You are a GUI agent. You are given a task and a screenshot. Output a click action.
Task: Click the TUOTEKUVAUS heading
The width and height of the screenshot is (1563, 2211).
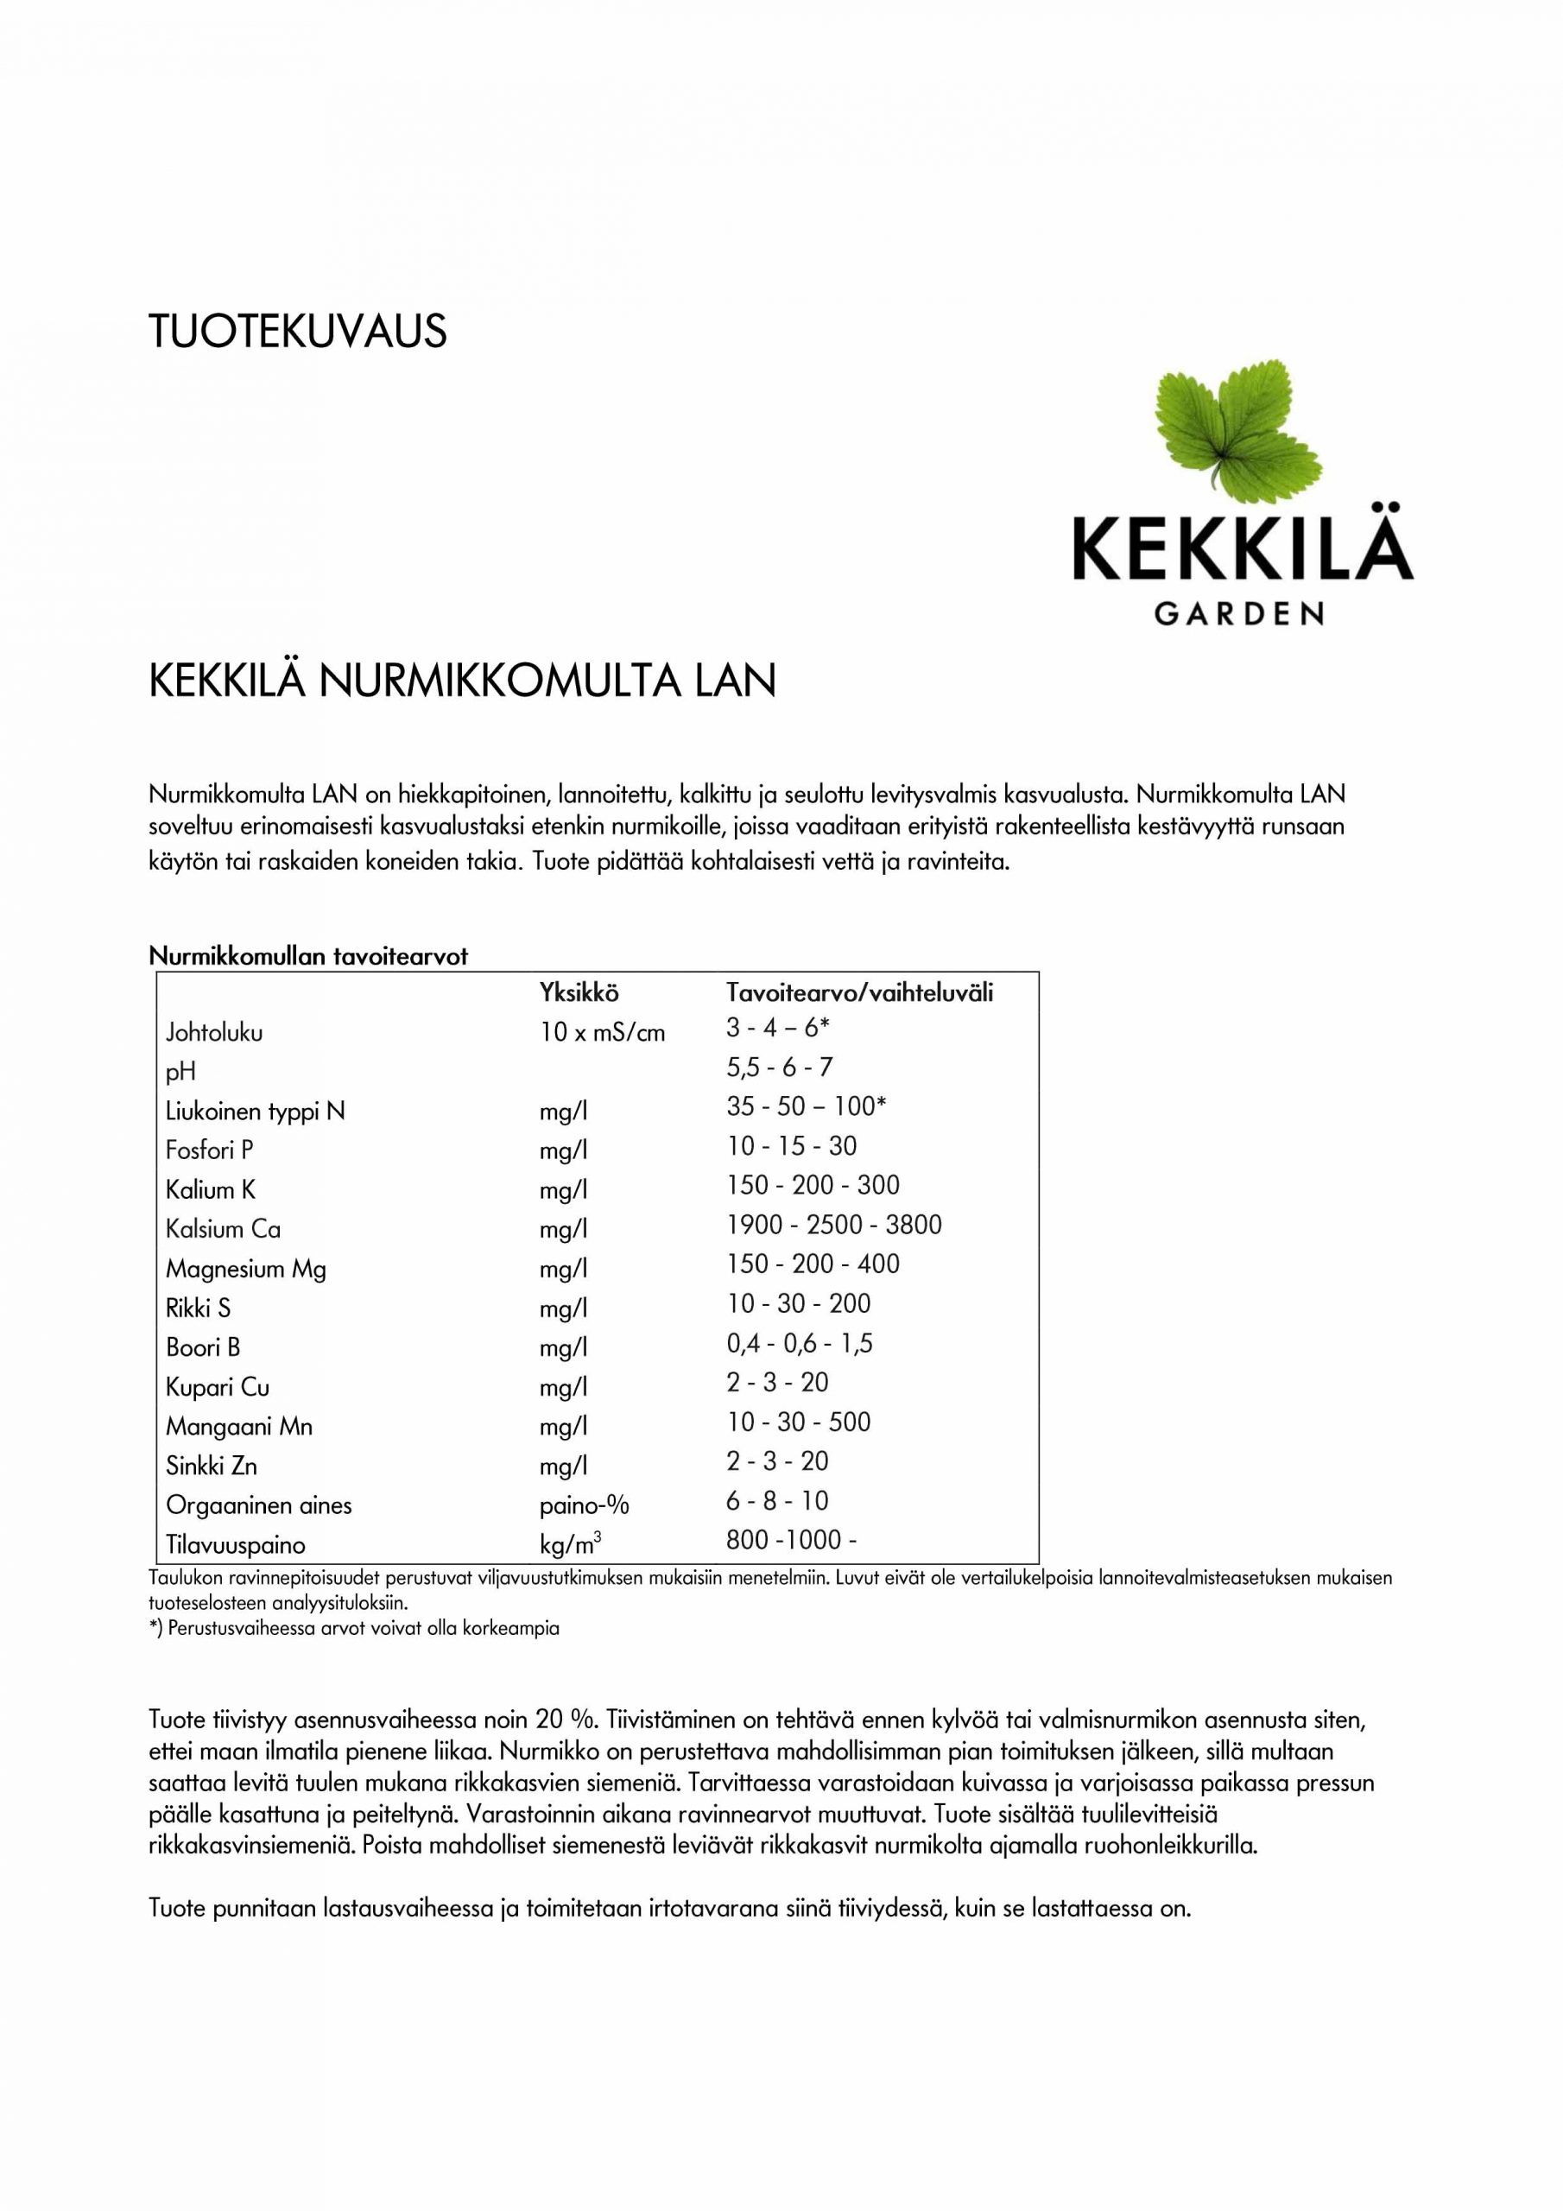point(298,332)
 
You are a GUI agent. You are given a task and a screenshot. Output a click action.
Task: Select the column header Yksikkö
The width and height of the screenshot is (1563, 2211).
point(579,993)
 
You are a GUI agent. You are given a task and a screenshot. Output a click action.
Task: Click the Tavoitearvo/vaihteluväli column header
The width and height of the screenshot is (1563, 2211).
point(859,993)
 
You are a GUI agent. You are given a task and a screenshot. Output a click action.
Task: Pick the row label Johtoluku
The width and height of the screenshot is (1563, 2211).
point(214,1032)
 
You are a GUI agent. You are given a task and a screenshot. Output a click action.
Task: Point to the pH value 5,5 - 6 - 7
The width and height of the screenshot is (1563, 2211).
point(779,1067)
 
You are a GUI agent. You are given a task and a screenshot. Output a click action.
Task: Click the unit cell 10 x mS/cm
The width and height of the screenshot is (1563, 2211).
point(602,1032)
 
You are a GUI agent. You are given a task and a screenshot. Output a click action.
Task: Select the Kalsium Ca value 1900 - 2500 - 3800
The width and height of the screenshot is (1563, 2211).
point(834,1224)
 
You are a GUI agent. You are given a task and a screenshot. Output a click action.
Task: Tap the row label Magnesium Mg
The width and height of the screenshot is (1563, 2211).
point(245,1270)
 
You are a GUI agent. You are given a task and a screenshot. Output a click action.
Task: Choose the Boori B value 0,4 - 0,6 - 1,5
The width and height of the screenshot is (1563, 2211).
point(800,1343)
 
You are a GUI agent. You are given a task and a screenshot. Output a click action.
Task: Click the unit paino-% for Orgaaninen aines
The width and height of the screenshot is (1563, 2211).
point(584,1505)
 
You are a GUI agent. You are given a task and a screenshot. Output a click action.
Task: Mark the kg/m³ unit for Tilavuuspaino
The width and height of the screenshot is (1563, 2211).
point(570,1546)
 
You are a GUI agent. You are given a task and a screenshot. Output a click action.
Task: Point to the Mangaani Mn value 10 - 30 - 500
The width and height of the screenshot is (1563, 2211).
point(799,1422)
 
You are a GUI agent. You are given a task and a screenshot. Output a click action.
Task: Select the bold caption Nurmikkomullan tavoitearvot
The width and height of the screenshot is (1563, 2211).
point(308,956)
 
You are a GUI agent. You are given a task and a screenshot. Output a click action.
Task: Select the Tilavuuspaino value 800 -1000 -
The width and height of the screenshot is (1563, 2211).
point(791,1540)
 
